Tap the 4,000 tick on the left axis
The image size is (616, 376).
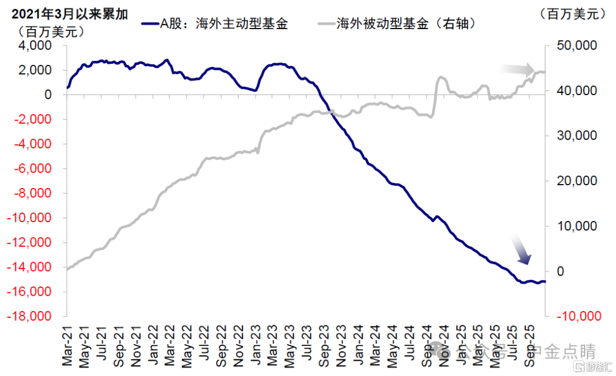click(x=35, y=46)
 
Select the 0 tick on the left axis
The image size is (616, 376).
click(x=48, y=95)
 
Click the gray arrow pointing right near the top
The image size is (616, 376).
click(x=517, y=69)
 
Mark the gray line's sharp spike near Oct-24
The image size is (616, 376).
click(x=440, y=77)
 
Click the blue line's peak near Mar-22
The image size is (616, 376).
click(x=166, y=59)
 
